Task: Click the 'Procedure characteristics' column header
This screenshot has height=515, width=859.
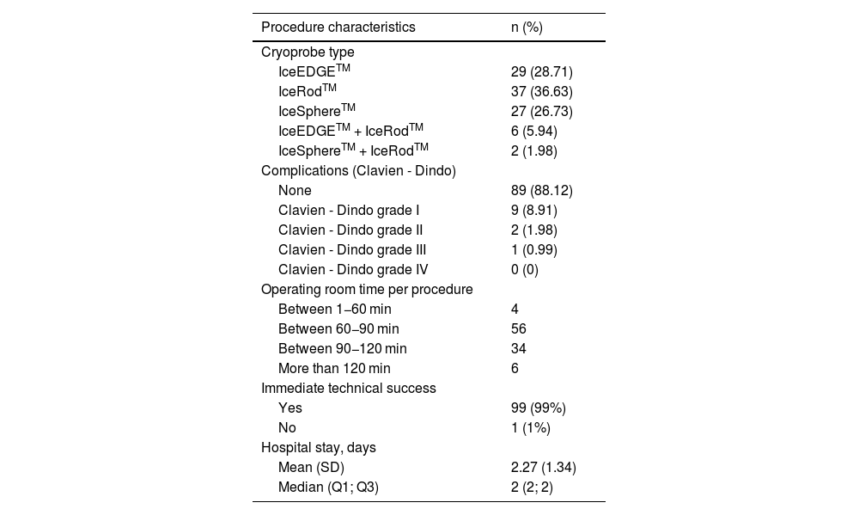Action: pyautogui.click(x=338, y=27)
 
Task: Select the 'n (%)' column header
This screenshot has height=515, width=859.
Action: pyautogui.click(x=527, y=27)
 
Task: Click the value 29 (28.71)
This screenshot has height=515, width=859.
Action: pyautogui.click(x=541, y=71)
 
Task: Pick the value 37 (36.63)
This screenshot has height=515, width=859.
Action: pyautogui.click(x=541, y=91)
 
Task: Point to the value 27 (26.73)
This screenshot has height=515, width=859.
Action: pyautogui.click(x=541, y=111)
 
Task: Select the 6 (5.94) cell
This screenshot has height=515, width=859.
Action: pyautogui.click(x=534, y=131)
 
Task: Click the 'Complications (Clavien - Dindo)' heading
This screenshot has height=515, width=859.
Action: pyautogui.click(x=358, y=170)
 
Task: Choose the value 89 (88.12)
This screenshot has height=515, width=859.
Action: pyautogui.click(x=541, y=190)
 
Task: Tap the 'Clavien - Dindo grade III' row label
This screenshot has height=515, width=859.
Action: pyautogui.click(x=352, y=249)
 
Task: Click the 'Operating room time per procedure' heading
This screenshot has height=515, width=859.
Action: pyautogui.click(x=367, y=289)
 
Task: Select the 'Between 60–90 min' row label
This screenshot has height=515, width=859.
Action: pyautogui.click(x=338, y=328)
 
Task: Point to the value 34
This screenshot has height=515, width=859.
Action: pyautogui.click(x=518, y=348)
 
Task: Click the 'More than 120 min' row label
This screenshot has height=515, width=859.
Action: pyautogui.click(x=334, y=368)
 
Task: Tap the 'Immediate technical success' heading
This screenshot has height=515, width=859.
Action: pyautogui.click(x=348, y=388)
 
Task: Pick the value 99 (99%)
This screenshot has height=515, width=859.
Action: pyautogui.click(x=538, y=408)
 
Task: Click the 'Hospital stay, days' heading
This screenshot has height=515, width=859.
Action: pyautogui.click(x=318, y=448)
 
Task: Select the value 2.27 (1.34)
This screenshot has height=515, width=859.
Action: pyautogui.click(x=543, y=468)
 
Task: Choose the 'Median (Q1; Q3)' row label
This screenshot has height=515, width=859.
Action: pyautogui.click(x=328, y=487)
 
